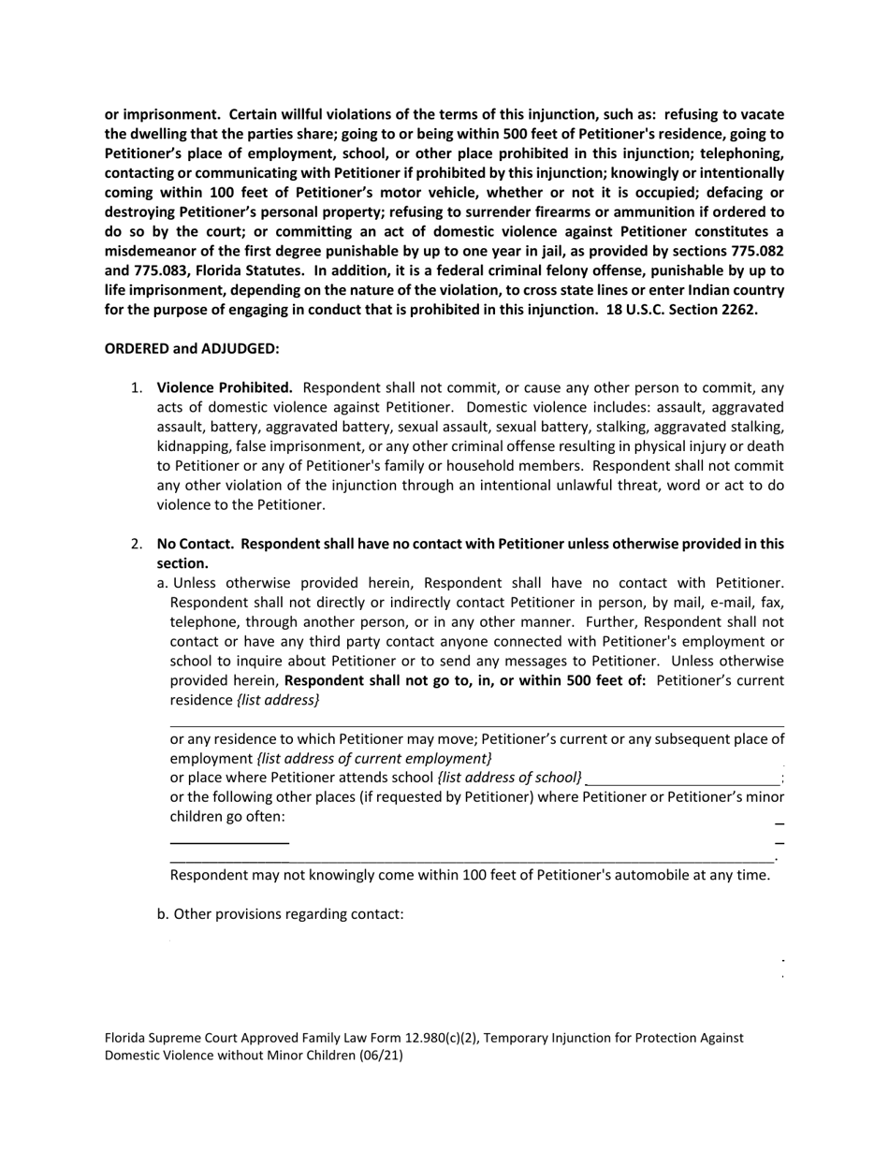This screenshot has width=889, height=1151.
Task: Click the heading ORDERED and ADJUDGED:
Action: [192, 349]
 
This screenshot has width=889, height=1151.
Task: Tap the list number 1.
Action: [137, 387]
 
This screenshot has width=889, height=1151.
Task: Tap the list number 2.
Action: [137, 544]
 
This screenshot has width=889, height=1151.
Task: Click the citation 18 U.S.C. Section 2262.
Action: [681, 310]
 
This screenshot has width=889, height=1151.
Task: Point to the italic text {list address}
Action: [277, 700]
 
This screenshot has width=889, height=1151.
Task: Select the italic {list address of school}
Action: [509, 778]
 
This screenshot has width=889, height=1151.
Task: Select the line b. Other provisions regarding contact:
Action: [281, 913]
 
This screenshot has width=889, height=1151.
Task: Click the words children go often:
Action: [227, 817]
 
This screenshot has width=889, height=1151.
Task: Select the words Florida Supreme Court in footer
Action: [170, 1038]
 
